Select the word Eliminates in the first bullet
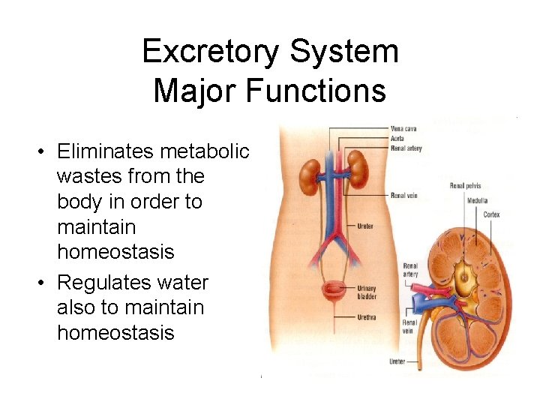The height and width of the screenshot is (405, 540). click(106, 152)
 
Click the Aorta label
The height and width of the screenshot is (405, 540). click(398, 137)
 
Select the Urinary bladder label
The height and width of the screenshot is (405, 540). click(367, 292)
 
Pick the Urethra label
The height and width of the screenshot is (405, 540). click(367, 317)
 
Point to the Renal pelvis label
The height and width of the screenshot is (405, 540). click(465, 186)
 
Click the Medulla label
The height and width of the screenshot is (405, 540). click(477, 200)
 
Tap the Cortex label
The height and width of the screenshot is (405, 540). click(491, 214)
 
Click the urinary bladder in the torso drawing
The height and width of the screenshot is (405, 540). click(330, 292)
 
